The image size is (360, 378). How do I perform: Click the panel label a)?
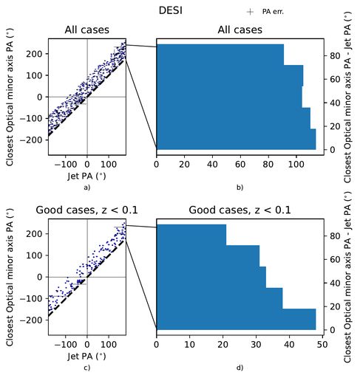coord(86,187)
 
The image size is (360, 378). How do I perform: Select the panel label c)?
coord(86,367)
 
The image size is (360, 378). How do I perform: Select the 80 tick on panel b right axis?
coord(334,55)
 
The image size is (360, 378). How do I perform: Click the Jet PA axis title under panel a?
coord(86,177)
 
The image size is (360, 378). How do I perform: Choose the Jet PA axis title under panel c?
coord(86,356)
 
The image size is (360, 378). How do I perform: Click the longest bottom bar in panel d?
coord(236,319)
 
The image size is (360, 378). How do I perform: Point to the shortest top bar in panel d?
coord(191,235)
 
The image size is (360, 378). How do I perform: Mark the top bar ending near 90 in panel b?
coord(220,55)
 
